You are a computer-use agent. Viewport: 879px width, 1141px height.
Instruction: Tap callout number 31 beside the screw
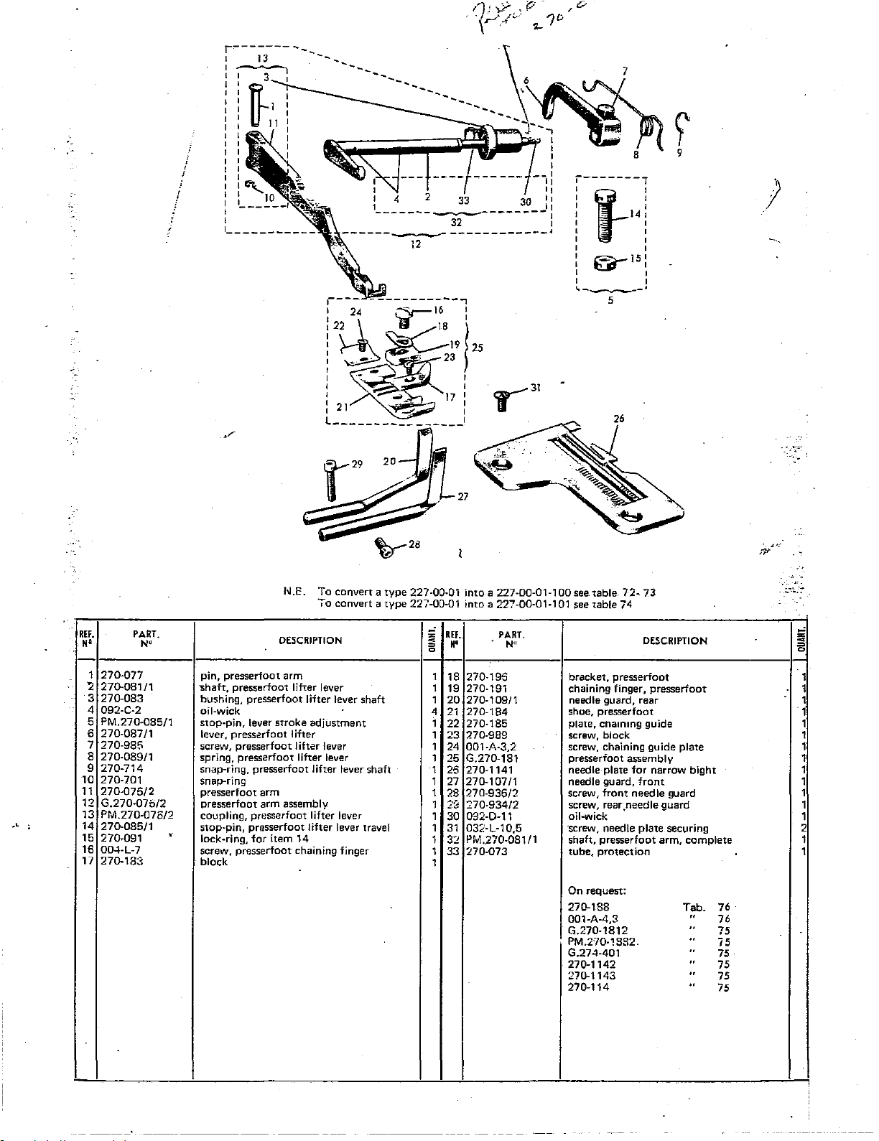(x=535, y=388)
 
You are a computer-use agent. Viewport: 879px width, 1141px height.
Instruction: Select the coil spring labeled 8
(x=648, y=127)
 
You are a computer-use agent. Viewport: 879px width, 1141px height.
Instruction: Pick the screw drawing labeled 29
(x=331, y=479)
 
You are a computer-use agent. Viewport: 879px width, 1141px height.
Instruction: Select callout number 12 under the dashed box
(x=415, y=243)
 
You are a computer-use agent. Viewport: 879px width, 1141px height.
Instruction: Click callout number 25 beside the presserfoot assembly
(x=478, y=348)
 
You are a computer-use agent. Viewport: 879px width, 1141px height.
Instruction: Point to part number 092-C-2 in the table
(x=121, y=710)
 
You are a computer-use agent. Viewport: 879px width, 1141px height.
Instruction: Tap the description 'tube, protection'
(x=609, y=852)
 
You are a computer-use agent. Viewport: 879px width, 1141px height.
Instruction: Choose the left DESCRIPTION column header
(x=310, y=641)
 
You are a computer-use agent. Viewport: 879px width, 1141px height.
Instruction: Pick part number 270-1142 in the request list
(x=592, y=964)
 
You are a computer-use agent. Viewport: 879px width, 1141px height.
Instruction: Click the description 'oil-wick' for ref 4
(x=220, y=711)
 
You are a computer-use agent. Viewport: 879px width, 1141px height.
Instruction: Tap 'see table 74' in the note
(x=603, y=604)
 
